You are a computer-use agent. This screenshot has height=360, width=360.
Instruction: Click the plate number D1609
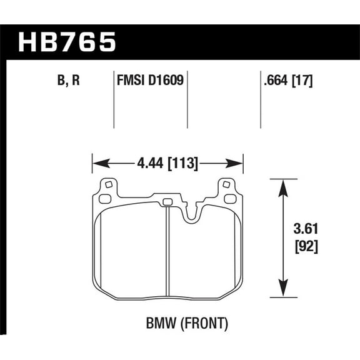point(166,81)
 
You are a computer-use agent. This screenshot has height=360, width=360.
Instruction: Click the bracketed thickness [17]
point(302,81)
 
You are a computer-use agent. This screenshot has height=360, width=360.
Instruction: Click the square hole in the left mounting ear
point(107,185)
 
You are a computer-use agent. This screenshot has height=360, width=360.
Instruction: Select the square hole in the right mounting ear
point(227,185)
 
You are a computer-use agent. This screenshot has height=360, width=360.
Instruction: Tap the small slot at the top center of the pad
point(167,202)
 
